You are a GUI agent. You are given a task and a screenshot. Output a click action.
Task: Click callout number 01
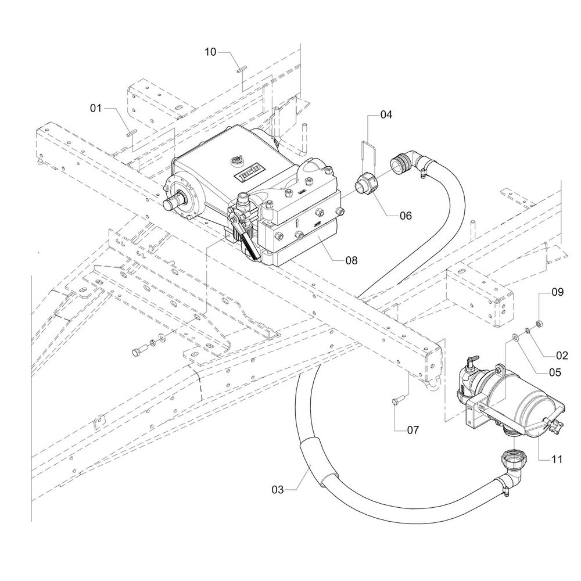point(96,108)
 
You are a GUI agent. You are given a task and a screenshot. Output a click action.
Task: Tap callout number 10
point(210,52)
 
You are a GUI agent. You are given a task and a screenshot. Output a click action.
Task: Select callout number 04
point(386,114)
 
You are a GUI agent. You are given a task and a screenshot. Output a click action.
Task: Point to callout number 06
point(406,216)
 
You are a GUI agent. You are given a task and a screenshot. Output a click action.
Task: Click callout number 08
point(352,260)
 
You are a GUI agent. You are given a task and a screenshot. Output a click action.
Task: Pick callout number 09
point(557,292)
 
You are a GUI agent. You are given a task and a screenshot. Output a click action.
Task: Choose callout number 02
point(562,356)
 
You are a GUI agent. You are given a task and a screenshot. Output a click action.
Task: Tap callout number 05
point(555,372)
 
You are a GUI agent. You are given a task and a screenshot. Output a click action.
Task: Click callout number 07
point(413,430)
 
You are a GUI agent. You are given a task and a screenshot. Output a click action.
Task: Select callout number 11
point(557,460)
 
